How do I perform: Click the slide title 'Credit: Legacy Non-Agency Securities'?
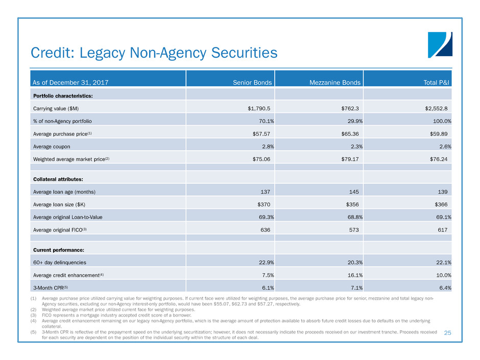[154, 53]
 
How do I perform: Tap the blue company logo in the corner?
[440, 44]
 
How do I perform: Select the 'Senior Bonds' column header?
[252, 82]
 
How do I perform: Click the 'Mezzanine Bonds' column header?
[335, 82]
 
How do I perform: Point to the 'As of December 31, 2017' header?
[70, 82]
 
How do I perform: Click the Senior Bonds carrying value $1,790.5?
[255, 108]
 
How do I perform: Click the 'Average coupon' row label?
[52, 146]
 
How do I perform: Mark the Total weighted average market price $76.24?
[439, 159]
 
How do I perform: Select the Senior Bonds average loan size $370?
[261, 204]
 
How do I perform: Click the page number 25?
[448, 332]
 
